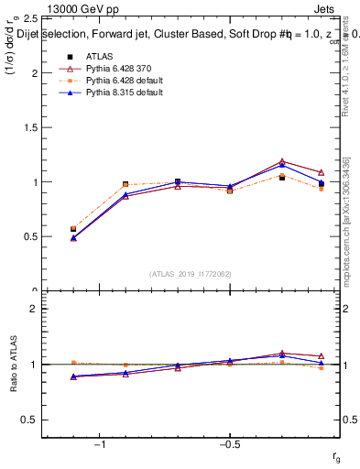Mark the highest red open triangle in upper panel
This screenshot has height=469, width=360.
(x=282, y=161)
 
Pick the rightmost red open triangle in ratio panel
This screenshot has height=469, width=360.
(x=321, y=355)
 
